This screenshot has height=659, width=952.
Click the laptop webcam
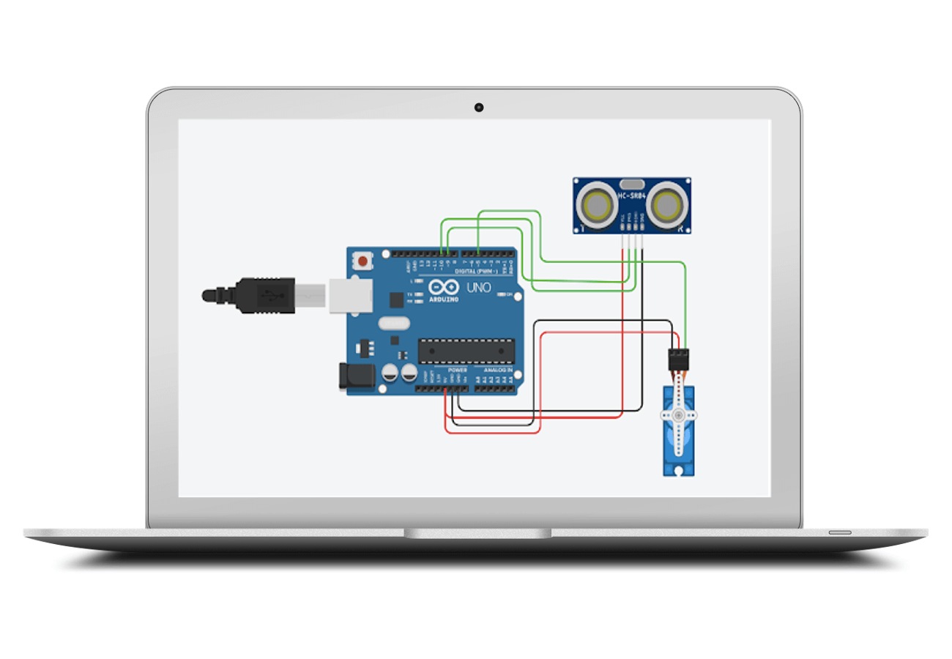click(478, 108)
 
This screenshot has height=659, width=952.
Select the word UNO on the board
click(479, 288)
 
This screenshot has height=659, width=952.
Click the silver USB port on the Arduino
click(349, 295)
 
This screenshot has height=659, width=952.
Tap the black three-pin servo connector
click(679, 359)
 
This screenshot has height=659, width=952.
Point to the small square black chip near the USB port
click(397, 299)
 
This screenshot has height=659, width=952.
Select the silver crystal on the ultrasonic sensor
click(631, 185)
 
